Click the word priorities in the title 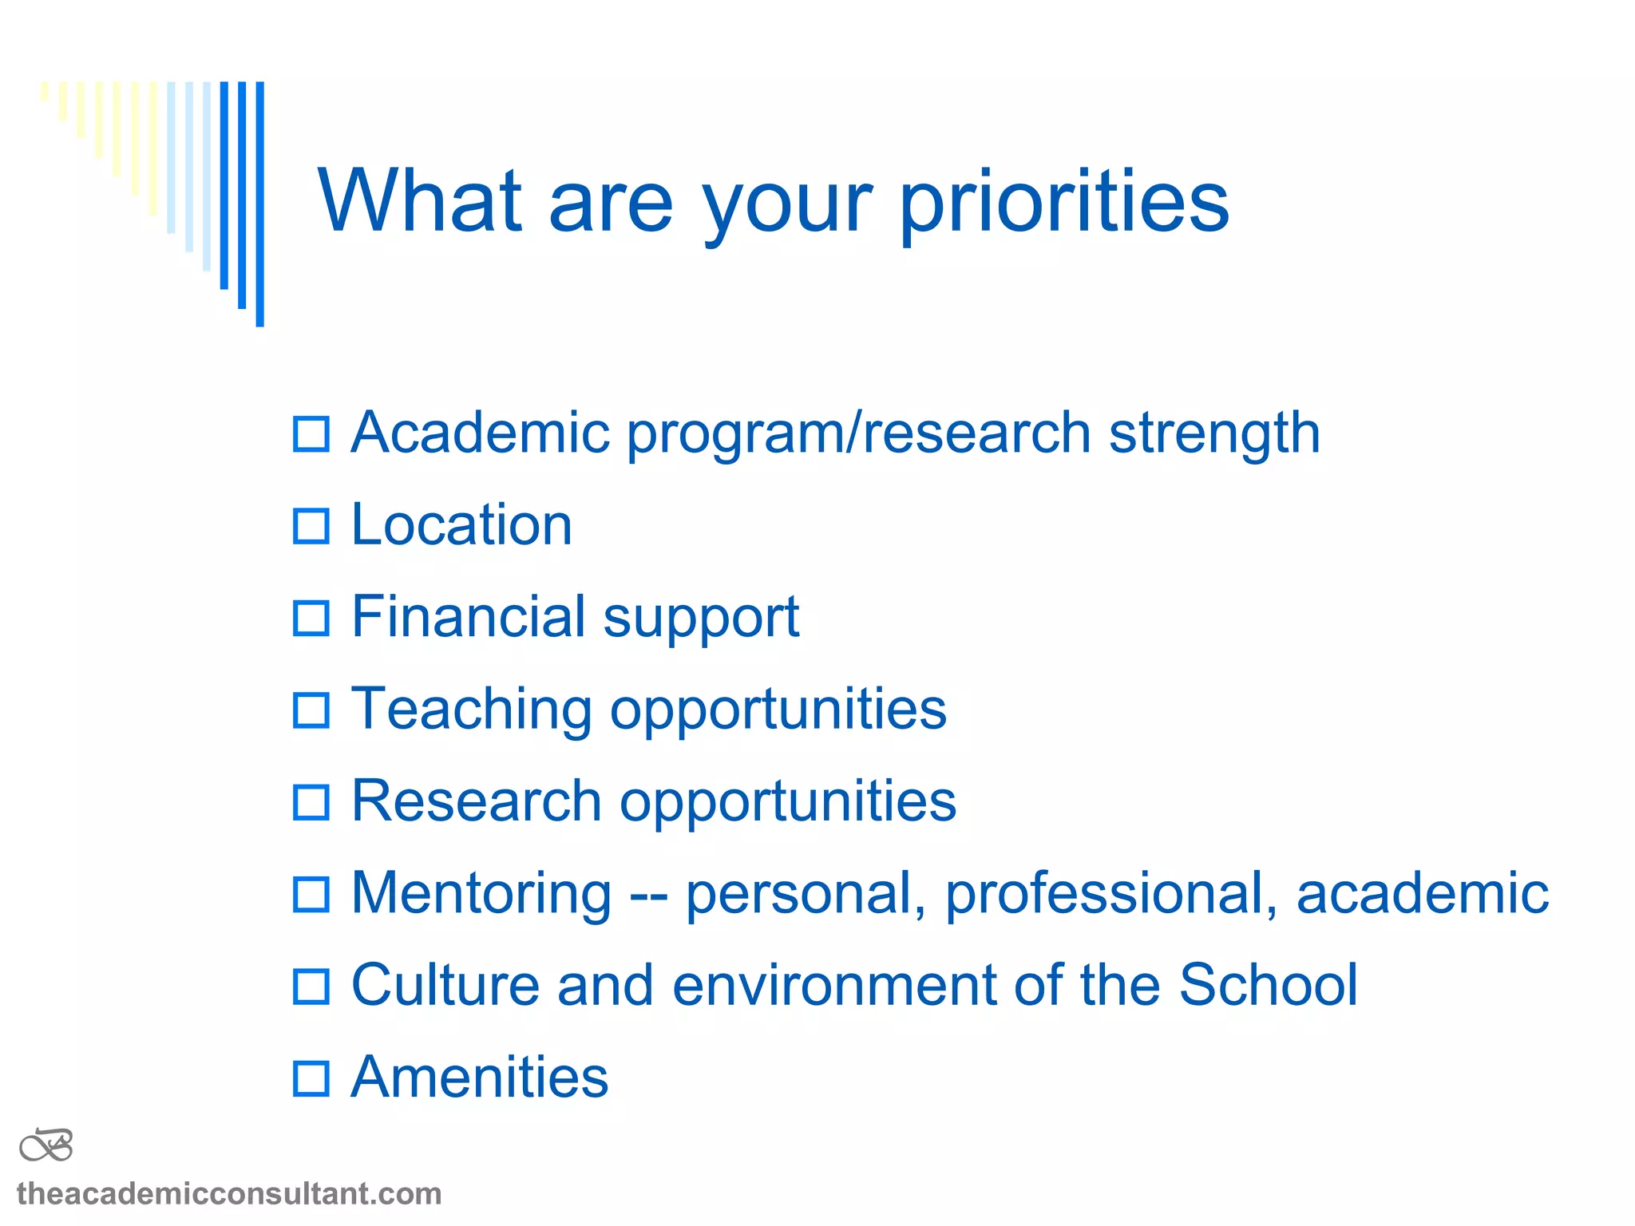coord(1063,204)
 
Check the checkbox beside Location coord(311,527)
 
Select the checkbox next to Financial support coord(311,619)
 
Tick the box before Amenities coord(311,1078)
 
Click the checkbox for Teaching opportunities coord(311,710)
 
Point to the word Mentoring coord(481,894)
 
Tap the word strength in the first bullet coord(1214,435)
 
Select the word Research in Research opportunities coord(477,801)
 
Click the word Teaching coord(471,710)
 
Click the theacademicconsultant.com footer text coord(229,1194)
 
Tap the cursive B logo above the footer coord(46,1146)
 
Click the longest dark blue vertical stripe coord(259,204)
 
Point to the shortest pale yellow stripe coord(45,91)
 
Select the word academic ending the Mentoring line coord(1422,894)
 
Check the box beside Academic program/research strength coord(311,435)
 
